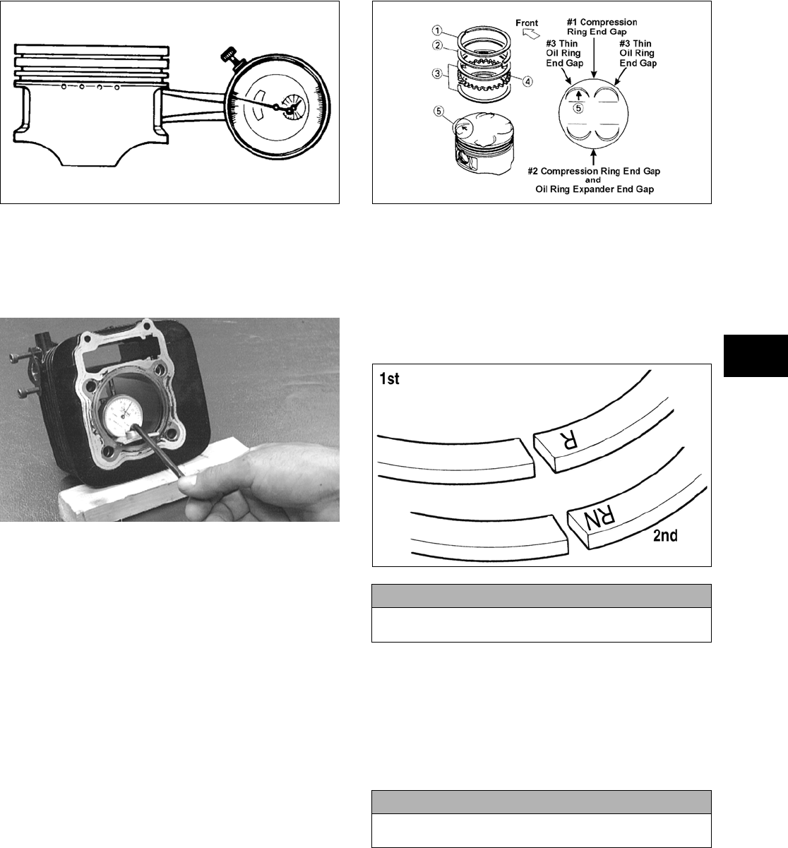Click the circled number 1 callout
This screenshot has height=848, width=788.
(437, 30)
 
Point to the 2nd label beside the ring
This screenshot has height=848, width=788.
(665, 536)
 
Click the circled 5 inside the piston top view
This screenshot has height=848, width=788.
(578, 109)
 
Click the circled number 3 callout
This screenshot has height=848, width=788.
(438, 73)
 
